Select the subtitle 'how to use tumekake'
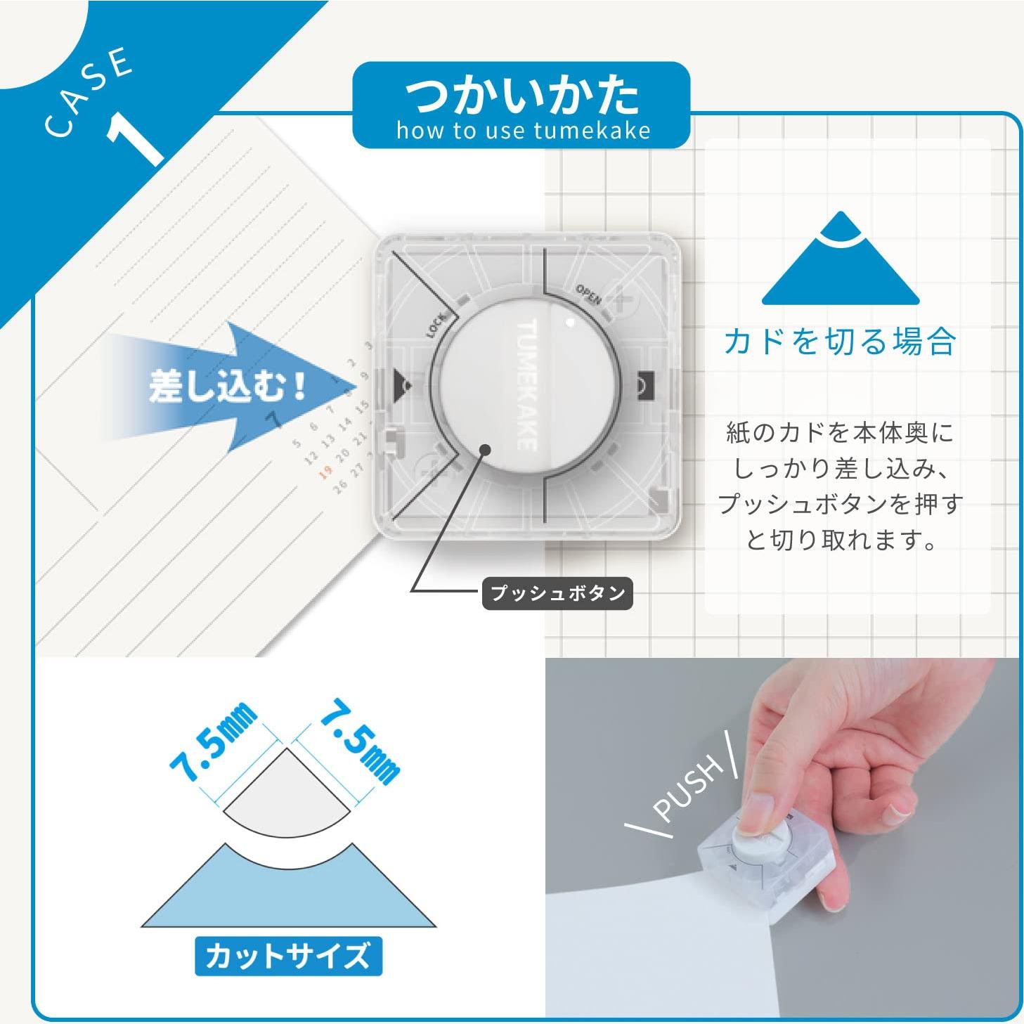pyautogui.click(x=523, y=131)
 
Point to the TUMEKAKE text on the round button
pyautogui.click(x=528, y=384)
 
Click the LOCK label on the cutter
pyautogui.click(x=436, y=326)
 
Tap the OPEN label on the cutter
pyautogui.click(x=589, y=294)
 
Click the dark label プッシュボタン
pyautogui.click(x=558, y=593)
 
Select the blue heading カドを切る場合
pyautogui.click(x=840, y=342)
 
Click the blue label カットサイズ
pyautogui.click(x=288, y=957)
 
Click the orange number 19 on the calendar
pyautogui.click(x=325, y=473)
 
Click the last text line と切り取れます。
pyautogui.click(x=841, y=539)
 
